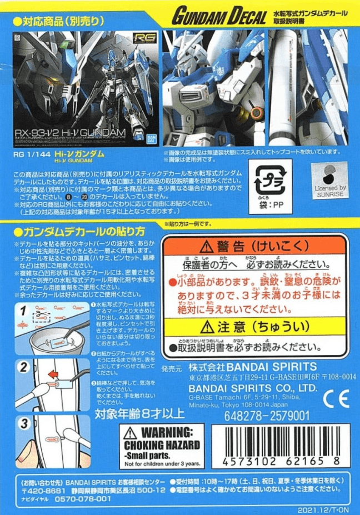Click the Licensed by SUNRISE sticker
click(329, 179)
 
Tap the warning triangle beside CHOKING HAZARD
click(131, 433)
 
